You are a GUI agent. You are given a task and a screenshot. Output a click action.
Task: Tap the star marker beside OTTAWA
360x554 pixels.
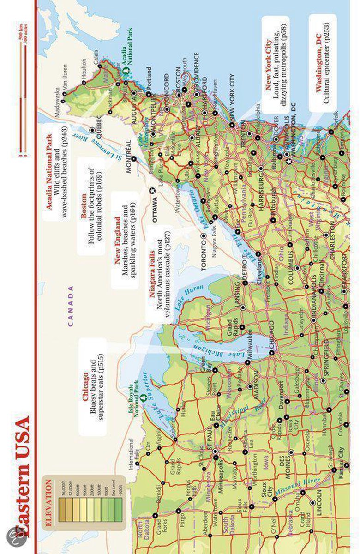[x=153, y=190]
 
